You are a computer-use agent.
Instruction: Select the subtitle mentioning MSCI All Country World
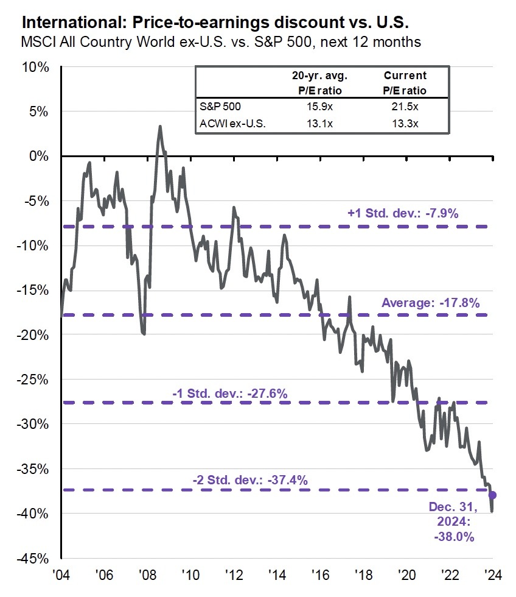click(x=221, y=43)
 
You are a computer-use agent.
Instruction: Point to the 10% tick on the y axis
click(x=36, y=67)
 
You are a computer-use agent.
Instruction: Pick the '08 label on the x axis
click(x=147, y=576)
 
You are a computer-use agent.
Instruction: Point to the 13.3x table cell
click(x=405, y=125)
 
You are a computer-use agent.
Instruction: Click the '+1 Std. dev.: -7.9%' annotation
click(x=402, y=214)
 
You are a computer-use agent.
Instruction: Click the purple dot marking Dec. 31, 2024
click(x=492, y=495)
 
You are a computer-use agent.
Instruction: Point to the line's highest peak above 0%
click(x=160, y=127)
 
